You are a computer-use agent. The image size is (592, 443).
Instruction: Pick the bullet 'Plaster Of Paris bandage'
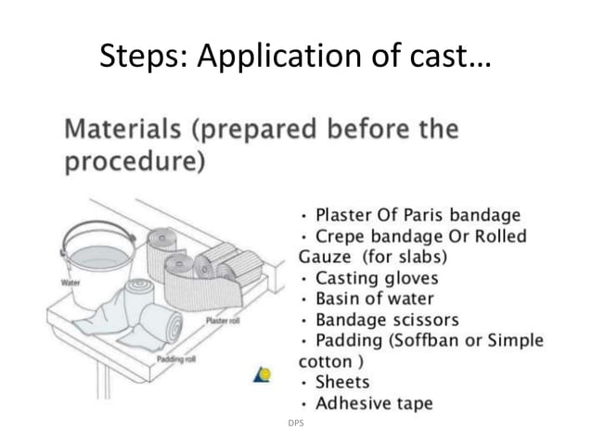click(x=418, y=216)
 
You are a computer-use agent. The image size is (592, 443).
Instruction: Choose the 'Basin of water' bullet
click(x=374, y=298)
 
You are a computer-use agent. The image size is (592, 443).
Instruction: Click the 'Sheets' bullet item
click(x=342, y=382)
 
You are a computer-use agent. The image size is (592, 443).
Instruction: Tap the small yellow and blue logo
click(x=263, y=375)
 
